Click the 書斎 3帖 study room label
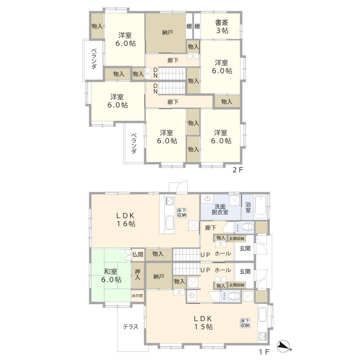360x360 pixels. [x=222, y=26]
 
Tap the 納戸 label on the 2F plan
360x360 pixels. [x=167, y=32]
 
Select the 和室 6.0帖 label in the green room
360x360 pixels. [x=111, y=275]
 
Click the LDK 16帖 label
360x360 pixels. [x=125, y=220]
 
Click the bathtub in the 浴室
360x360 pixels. [x=261, y=208]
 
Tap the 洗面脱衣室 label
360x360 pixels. [x=220, y=209]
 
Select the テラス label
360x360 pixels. [x=130, y=327]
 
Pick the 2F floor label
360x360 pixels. [x=238, y=170]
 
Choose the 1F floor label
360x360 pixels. [x=264, y=351]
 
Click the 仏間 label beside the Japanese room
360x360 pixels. [x=138, y=255]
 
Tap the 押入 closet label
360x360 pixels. [x=138, y=275]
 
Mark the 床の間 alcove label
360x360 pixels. [x=137, y=296]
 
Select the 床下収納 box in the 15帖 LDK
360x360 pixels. [x=245, y=323]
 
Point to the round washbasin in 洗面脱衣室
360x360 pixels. [x=208, y=198]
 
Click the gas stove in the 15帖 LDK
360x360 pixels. [x=262, y=336]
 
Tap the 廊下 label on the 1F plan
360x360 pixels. [x=210, y=228]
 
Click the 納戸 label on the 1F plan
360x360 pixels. [x=159, y=276]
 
